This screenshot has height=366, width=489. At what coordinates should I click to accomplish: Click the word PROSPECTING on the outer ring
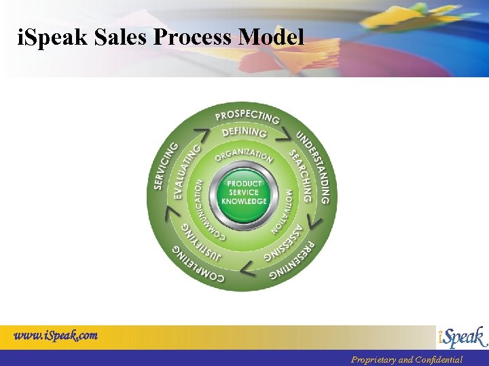click(x=247, y=115)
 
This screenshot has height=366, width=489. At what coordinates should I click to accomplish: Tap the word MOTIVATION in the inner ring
click(x=283, y=211)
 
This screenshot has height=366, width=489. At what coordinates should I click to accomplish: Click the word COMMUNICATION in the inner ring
click(x=204, y=210)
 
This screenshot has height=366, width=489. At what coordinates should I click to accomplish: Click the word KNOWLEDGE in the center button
click(x=244, y=201)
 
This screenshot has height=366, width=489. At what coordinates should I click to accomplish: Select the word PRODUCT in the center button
click(x=244, y=184)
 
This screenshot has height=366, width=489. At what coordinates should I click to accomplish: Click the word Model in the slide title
click(x=271, y=38)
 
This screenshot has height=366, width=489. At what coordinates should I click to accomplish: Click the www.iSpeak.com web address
click(x=56, y=335)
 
